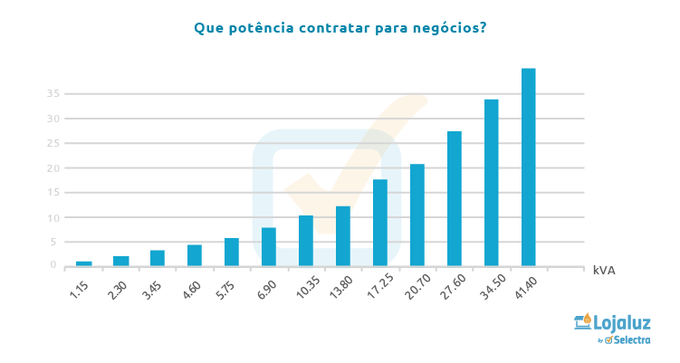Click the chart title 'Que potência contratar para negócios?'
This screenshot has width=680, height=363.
340,27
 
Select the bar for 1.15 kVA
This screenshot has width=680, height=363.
84,263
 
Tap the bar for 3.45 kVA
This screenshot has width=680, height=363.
158,258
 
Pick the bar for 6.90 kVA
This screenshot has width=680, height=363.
269,246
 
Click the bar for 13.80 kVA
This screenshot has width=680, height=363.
343,235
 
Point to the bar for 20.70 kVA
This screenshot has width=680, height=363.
417,215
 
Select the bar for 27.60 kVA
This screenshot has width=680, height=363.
455,198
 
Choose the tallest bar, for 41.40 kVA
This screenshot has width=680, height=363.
529,167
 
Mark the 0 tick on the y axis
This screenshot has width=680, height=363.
54,266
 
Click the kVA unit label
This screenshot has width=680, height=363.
604,271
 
